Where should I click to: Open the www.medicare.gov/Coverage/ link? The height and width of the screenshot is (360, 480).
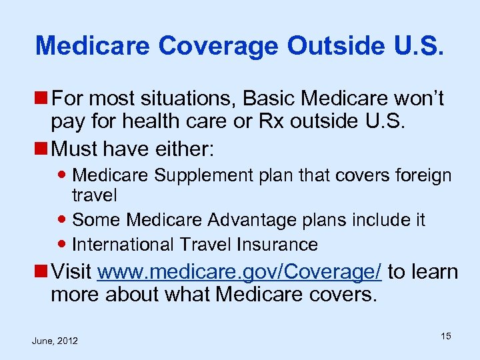click(x=240, y=272)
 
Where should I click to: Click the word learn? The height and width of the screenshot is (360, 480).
click(x=433, y=272)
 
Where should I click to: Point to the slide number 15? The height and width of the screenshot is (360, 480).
click(x=445, y=336)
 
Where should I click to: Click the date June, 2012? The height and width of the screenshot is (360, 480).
click(x=55, y=341)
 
